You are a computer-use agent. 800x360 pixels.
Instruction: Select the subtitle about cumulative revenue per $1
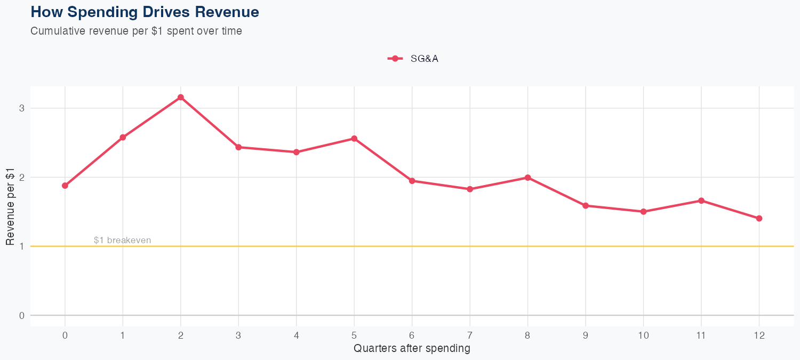coord(136,31)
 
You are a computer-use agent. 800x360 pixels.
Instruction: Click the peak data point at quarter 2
coord(181,98)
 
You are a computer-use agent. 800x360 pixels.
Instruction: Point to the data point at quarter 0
coord(65,186)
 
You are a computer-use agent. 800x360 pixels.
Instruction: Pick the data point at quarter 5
coord(354,139)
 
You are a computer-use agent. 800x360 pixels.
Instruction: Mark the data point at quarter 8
coord(527,178)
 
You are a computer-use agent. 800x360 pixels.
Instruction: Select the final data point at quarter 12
coord(759,218)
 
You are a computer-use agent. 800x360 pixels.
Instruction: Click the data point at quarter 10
coord(643,212)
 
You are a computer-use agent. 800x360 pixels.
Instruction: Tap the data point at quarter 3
coord(238,147)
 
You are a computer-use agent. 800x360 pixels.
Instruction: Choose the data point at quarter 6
coord(412,181)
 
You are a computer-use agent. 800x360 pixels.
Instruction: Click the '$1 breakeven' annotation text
coord(122,241)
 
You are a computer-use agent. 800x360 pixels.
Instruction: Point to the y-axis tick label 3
coord(22,108)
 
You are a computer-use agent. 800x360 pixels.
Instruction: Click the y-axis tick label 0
coord(22,315)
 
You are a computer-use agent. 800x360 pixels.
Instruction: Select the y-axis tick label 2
coord(22,177)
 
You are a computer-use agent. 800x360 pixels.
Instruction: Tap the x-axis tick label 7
coord(470,335)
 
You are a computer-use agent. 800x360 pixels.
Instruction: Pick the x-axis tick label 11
coord(701,335)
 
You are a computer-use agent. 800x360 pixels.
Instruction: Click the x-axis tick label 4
coord(296,335)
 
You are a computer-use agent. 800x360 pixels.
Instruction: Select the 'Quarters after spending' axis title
coord(412,349)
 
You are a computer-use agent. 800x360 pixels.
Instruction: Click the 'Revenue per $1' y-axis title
coord(10,212)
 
